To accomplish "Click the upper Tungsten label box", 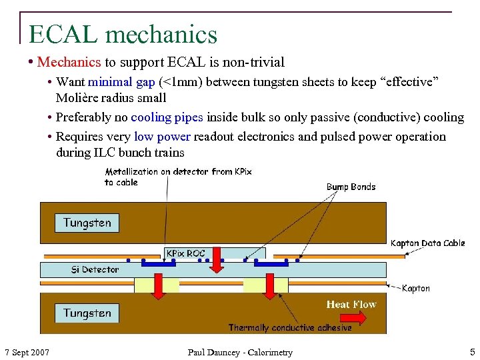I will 87,223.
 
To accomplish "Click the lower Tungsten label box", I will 87,313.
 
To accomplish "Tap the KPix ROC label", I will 185,253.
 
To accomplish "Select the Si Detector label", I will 95,269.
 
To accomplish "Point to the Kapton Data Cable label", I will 427,243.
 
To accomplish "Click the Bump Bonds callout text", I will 351,187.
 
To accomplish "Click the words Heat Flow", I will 351,305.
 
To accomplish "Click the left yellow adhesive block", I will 157,285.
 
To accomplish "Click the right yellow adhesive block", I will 265,285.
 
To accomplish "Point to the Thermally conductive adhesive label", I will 290,327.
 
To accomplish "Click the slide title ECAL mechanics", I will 123,34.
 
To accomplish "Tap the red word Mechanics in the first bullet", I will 69,63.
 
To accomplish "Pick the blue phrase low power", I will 162,137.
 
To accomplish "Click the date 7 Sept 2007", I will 27,352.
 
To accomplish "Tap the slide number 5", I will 472,352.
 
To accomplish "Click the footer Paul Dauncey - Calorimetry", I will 240,352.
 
